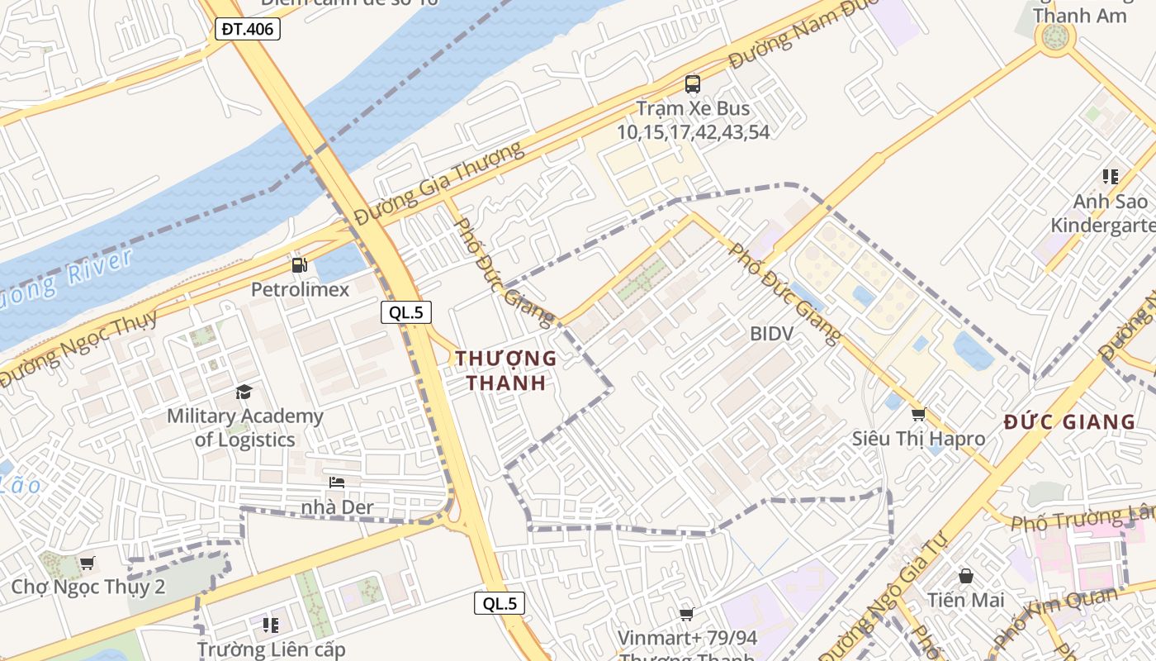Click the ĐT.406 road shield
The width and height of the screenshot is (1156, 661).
coord(249,30)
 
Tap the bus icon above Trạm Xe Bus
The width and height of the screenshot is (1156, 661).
coord(692,83)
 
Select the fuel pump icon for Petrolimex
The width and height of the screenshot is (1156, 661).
coord(299,265)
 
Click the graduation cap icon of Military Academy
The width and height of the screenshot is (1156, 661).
coord(244,392)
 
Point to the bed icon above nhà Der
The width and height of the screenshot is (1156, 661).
coord(336,483)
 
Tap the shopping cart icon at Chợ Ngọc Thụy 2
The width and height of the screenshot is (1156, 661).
coord(87,563)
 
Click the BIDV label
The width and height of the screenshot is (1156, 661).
coord(771,334)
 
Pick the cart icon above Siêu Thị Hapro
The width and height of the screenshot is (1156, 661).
coord(918,414)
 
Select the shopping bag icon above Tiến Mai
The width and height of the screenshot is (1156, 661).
coord(965,575)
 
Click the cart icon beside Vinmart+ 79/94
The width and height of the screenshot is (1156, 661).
coord(686,614)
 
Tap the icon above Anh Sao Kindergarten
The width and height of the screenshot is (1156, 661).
coord(1111,177)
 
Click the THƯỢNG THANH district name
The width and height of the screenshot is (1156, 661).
coord(506,370)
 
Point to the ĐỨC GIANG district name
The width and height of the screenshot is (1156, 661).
coord(1070,422)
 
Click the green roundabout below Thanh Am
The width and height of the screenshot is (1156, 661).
coord(1055,37)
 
